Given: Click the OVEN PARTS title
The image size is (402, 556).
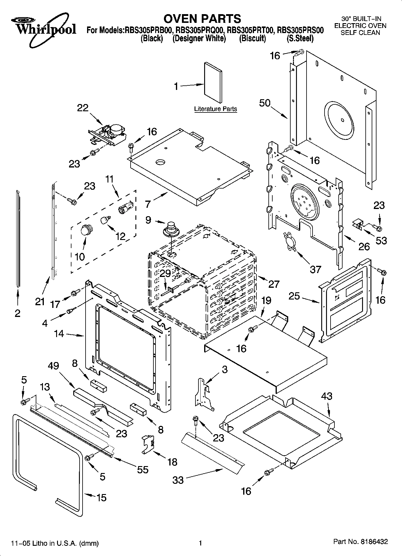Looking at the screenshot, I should [202, 19].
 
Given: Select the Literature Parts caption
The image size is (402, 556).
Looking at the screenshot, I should [215, 109].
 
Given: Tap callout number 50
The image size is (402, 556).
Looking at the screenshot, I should [265, 103].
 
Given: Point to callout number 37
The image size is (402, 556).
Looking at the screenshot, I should [315, 269].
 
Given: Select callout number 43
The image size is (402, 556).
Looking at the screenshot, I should [327, 396].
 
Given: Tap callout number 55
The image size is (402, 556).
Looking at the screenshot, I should [143, 469].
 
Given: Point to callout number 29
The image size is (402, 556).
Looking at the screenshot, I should [165, 273].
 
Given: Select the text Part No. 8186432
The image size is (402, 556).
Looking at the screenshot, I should [360, 542].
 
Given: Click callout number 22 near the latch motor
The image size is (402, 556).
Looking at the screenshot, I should [83, 108].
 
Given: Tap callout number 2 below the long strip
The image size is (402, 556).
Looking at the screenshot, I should [17, 313].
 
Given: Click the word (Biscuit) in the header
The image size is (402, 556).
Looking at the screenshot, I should [252, 38].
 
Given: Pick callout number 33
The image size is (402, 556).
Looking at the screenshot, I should [178, 480].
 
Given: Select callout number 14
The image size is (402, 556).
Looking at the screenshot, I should [59, 333].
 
